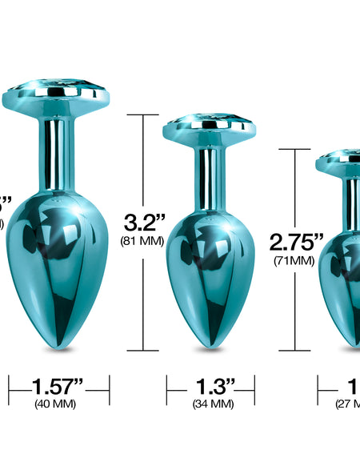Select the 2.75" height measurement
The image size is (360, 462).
pos(296,242)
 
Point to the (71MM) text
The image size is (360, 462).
pos(296,260)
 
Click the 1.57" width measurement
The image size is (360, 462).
pos(60,387)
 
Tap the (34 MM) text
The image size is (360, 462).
pos(212,404)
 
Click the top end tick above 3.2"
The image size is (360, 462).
pos(143,114)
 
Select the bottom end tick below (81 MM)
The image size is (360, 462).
pos(143,350)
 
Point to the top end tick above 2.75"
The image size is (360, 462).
pos(295,149)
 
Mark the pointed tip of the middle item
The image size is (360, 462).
pos(210,348)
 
